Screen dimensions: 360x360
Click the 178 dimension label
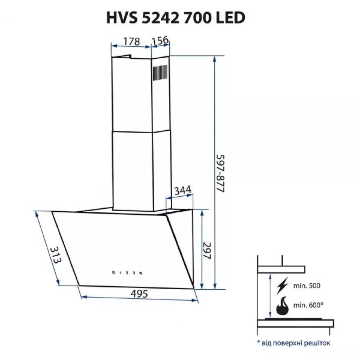[x=131, y=41]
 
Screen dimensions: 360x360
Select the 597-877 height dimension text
[x=220, y=173]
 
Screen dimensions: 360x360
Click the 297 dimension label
[x=207, y=250]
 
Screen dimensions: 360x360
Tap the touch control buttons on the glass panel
[x=127, y=272]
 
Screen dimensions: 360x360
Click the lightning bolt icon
[x=282, y=285]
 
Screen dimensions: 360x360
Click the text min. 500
[x=307, y=286]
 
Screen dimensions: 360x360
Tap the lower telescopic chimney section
[x=132, y=171]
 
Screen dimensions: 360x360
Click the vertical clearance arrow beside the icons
[x=270, y=295]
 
